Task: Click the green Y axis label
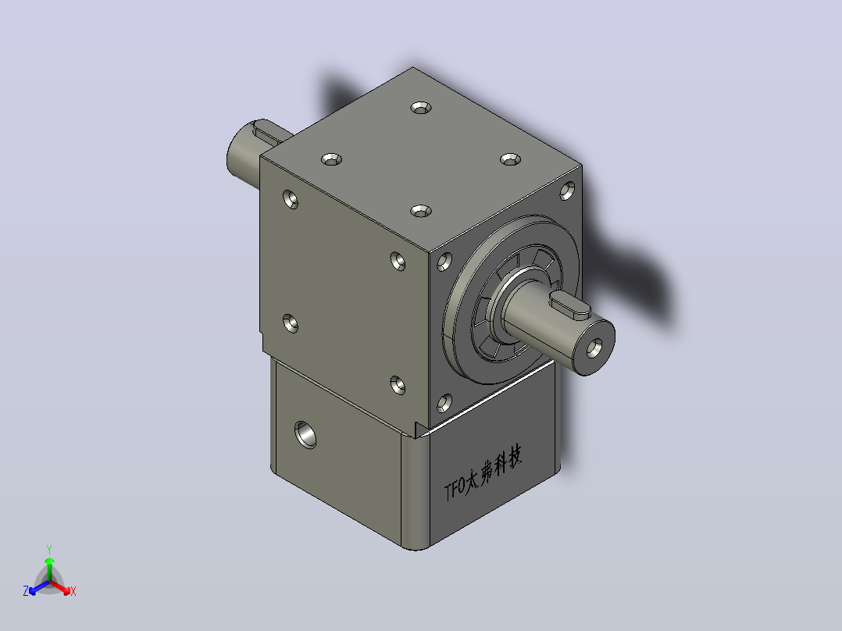pos(49,549)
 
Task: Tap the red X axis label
pos(73,591)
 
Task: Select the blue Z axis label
pos(25,591)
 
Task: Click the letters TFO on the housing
pos(455,490)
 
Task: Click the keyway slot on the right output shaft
pos(569,305)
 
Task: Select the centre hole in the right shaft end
pos(594,348)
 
